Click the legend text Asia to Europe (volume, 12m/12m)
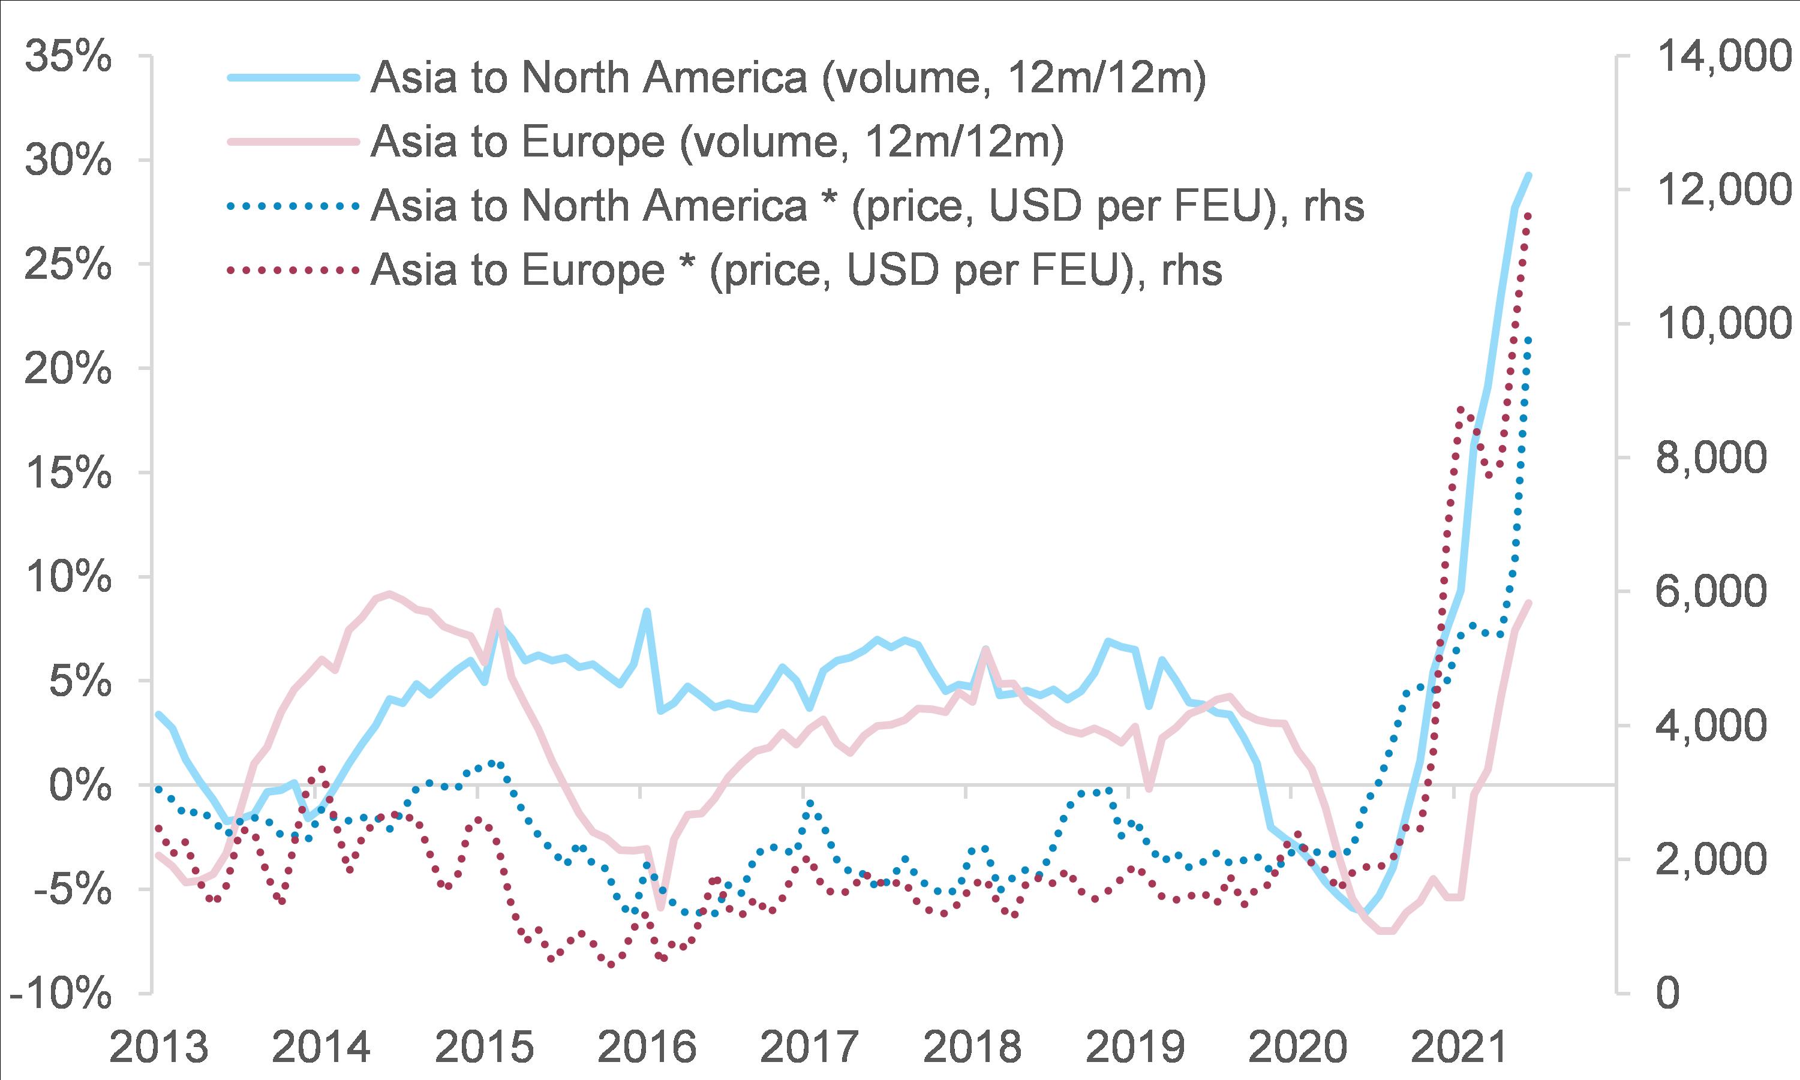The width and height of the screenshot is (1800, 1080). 717,142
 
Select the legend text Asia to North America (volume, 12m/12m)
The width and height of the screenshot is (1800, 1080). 788,78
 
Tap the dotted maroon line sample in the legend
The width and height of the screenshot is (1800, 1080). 293,270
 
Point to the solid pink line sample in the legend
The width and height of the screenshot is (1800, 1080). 293,142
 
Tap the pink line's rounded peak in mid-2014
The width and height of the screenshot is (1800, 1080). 390,594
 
